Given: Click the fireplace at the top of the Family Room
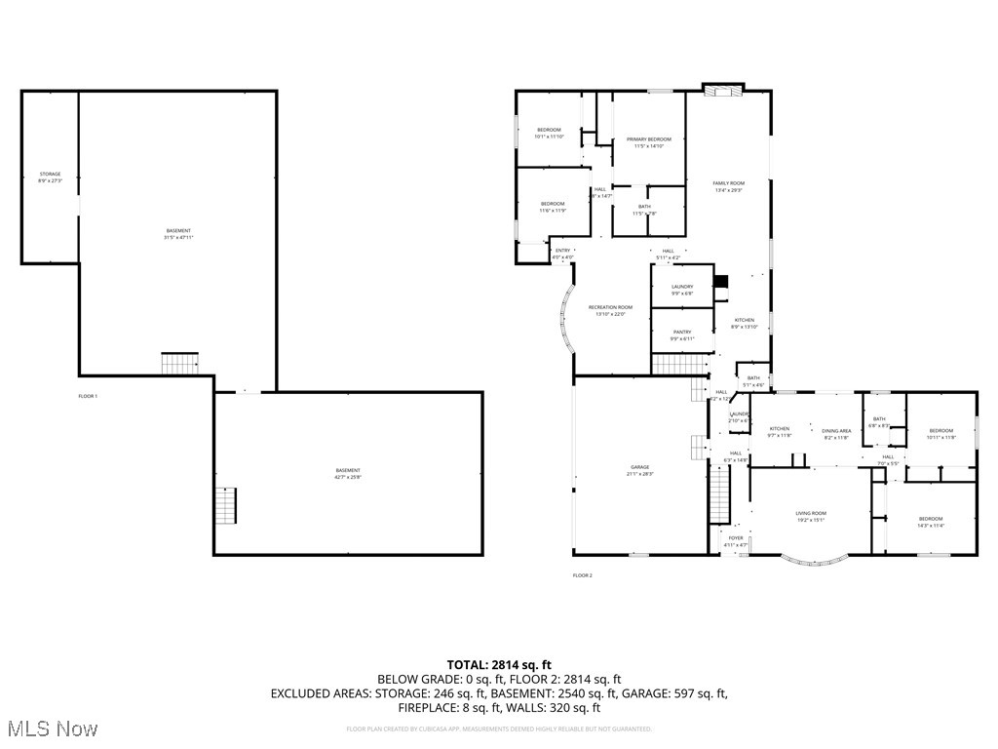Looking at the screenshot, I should coord(723,91).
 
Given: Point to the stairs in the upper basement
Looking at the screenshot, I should coord(180,364).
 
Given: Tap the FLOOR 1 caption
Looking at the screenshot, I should coord(88,396).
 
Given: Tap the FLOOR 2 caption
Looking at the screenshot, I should coord(582,575).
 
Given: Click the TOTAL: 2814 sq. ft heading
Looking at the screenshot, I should coord(499,665).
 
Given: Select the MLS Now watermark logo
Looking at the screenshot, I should coord(51,729).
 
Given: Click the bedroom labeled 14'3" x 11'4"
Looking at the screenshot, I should coord(930,522).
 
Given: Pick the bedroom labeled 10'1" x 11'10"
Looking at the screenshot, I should coord(550,133).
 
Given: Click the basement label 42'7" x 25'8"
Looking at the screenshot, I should coord(348,473).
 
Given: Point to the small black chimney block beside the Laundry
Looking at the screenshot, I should coord(721,283).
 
